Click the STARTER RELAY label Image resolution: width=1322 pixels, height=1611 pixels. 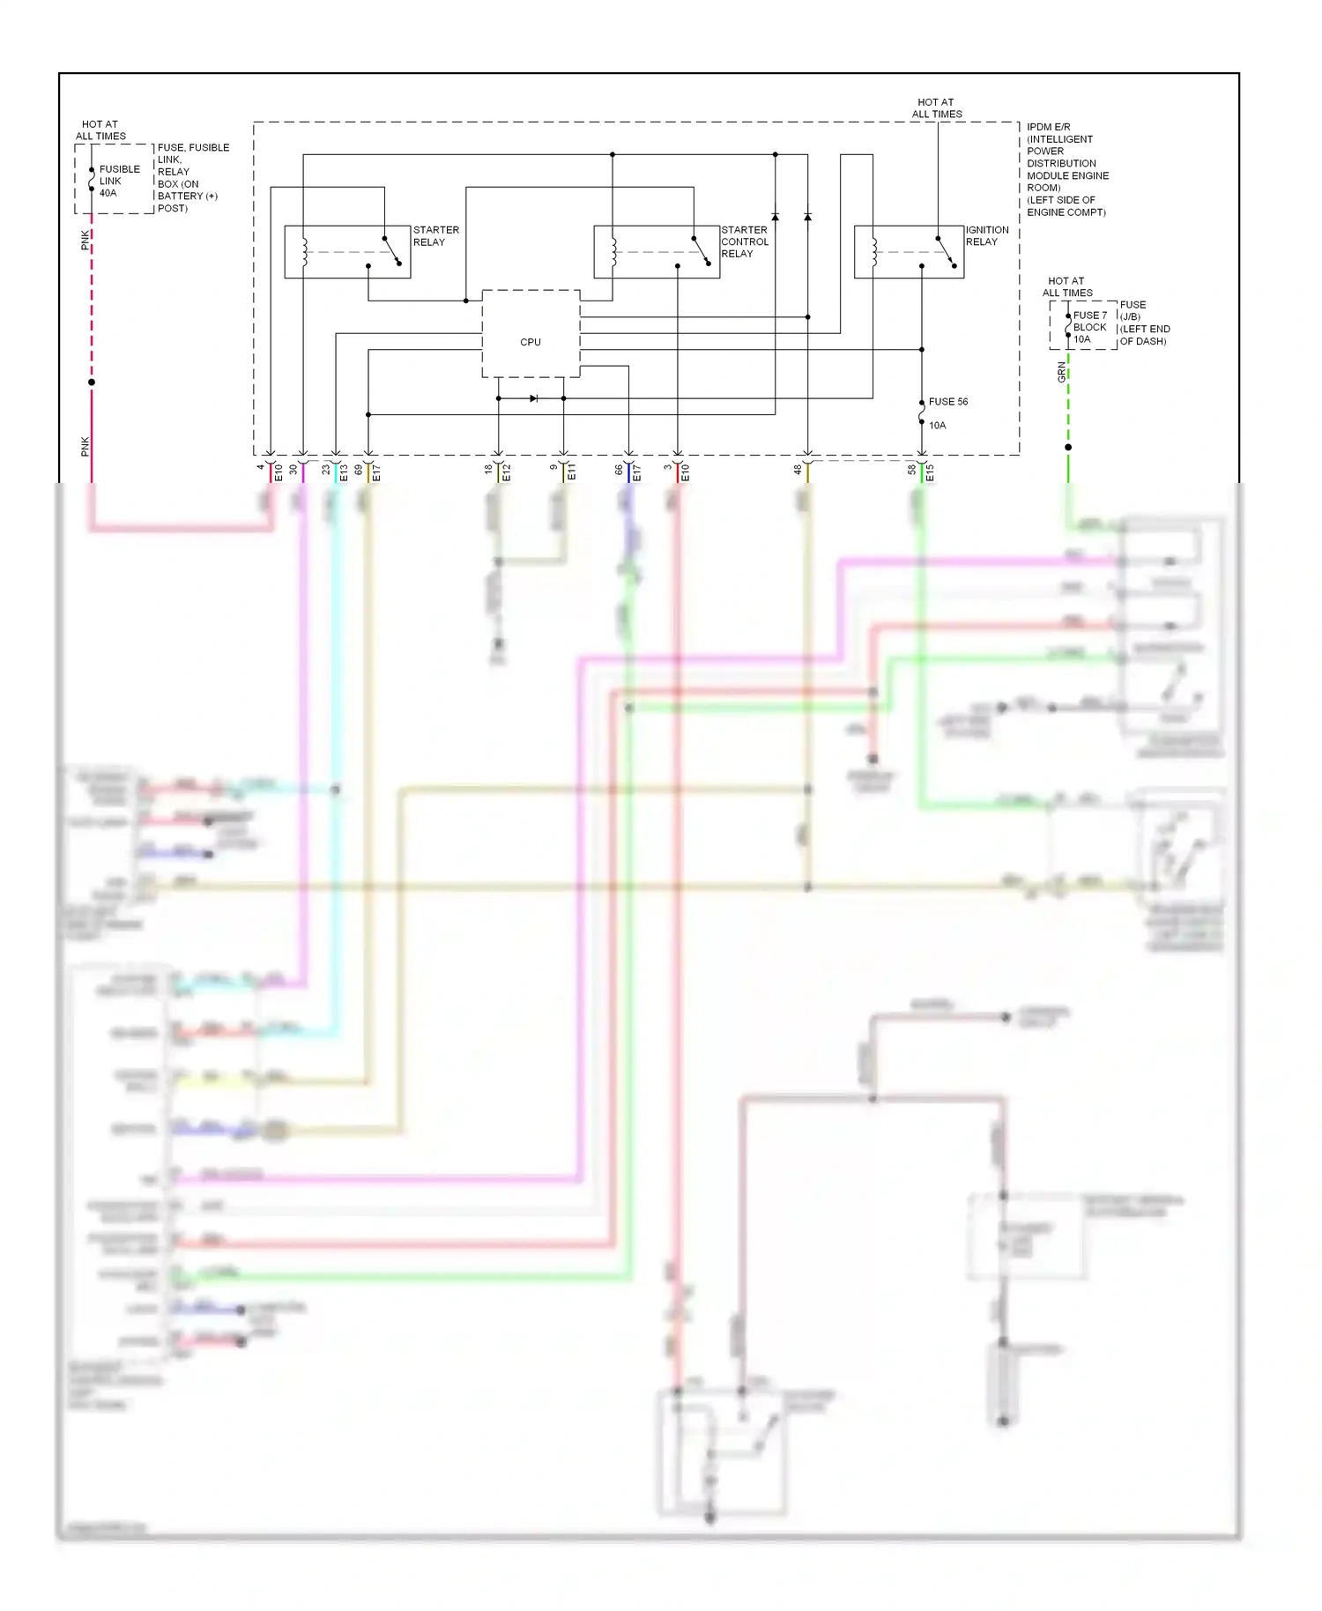pyautogui.click(x=435, y=236)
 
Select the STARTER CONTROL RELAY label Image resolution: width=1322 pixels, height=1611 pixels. pyautogui.click(x=745, y=241)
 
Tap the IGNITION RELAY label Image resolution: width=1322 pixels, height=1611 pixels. pyautogui.click(x=986, y=236)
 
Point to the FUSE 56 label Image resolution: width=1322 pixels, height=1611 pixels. pyautogui.click(x=947, y=402)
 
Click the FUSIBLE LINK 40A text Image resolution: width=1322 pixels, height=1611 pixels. pyautogui.click(x=119, y=181)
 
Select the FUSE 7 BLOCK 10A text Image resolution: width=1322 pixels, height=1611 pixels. pyautogui.click(x=1089, y=327)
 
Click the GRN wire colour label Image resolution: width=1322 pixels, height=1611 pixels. pyautogui.click(x=1061, y=373)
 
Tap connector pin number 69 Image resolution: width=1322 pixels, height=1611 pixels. pyautogui.click(x=359, y=470)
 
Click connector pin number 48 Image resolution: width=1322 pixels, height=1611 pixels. pyautogui.click(x=798, y=470)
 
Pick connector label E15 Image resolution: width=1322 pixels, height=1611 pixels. pyautogui.click(x=930, y=472)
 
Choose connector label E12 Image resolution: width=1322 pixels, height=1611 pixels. pyautogui.click(x=507, y=472)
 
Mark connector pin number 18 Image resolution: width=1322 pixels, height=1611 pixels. pyautogui.click(x=488, y=470)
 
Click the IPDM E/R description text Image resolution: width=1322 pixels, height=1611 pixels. pyautogui.click(x=1066, y=169)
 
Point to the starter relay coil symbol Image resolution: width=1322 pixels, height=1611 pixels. pyautogui.click(x=304, y=251)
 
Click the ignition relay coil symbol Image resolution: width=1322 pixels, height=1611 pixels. pyautogui.click(x=874, y=251)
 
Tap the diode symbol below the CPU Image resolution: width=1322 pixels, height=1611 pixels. pyautogui.click(x=533, y=398)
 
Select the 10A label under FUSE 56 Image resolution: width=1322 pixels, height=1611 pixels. pyautogui.click(x=937, y=426)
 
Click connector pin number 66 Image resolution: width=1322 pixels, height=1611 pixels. pyautogui.click(x=619, y=470)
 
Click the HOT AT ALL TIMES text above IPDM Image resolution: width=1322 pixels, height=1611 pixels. pyautogui.click(x=936, y=108)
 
